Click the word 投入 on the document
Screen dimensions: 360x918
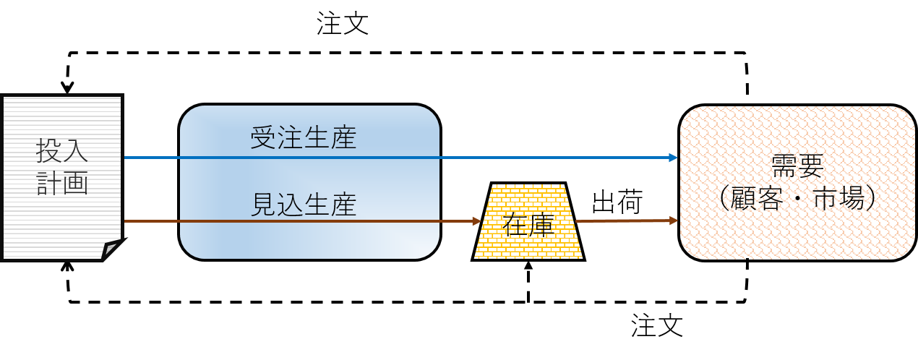62,152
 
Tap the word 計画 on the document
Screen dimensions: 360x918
62,183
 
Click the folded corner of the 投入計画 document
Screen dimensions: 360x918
111,249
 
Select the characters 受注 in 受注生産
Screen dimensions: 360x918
276,138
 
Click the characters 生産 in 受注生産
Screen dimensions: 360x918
330,138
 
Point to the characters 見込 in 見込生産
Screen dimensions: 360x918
276,204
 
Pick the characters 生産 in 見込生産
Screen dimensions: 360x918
330,204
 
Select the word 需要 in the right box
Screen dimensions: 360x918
797,166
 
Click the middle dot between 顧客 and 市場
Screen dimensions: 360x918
805,198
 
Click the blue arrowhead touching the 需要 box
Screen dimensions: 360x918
673,158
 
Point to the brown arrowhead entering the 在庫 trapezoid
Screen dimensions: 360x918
477,220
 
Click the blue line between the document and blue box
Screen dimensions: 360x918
152,157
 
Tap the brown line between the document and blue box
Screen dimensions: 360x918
152,220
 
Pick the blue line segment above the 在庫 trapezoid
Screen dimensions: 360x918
528,157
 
